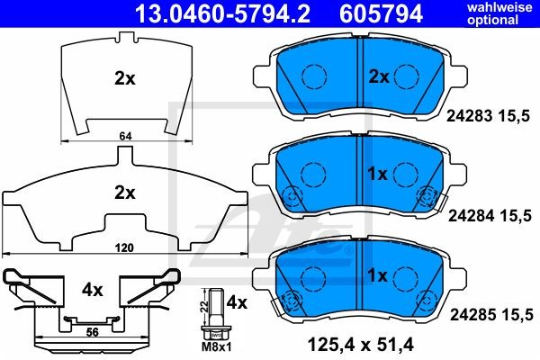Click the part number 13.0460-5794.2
pyautogui.click(x=222, y=13)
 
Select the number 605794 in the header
pyautogui.click(x=381, y=13)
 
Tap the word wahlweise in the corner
pyautogui.click(x=499, y=7)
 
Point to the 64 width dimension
pyautogui.click(x=125, y=137)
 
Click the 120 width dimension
pyautogui.click(x=124, y=247)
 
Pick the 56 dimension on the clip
pyautogui.click(x=93, y=332)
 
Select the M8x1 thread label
pyautogui.click(x=217, y=346)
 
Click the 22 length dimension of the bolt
pyautogui.click(x=204, y=306)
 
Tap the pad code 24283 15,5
pyautogui.click(x=488, y=116)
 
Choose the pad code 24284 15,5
pyautogui.click(x=490, y=216)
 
